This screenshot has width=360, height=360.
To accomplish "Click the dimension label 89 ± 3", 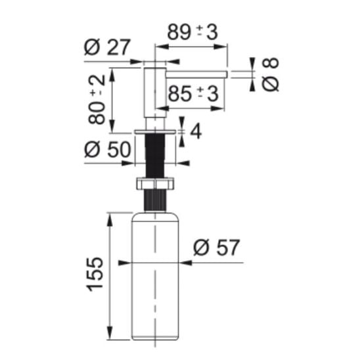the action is (x=192, y=32).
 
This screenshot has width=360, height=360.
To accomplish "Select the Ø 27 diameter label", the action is (x=107, y=47).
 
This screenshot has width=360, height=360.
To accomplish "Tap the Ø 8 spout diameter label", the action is (x=270, y=75).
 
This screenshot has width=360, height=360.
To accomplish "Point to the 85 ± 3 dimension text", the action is (x=193, y=94).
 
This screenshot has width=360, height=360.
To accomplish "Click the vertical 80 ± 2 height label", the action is (x=97, y=100).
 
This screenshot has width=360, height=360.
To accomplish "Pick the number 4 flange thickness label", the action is (x=196, y=131).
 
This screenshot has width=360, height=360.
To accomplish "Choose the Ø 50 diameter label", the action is (x=108, y=149).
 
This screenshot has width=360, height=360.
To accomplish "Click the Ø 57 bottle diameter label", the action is (x=216, y=247).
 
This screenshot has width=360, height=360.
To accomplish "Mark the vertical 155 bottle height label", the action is (x=95, y=275).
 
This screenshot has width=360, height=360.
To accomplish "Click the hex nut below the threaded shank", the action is (x=155, y=183).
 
